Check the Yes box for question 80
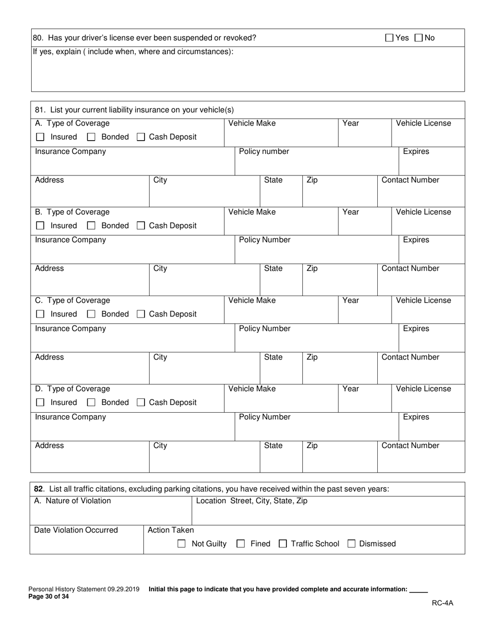(389, 37)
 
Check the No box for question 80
(419, 37)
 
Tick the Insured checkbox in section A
(40, 137)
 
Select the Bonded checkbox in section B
(91, 226)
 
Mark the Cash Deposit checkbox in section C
(141, 314)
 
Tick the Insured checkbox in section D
(40, 402)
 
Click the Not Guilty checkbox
(181, 544)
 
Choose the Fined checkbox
(241, 544)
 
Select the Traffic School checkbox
(282, 544)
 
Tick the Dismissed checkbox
(351, 544)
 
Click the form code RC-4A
(442, 602)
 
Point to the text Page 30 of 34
(48, 596)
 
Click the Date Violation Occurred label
(76, 530)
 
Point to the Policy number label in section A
(264, 151)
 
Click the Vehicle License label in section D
(423, 389)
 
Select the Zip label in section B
(312, 268)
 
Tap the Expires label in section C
(416, 328)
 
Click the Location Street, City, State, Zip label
(252, 501)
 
